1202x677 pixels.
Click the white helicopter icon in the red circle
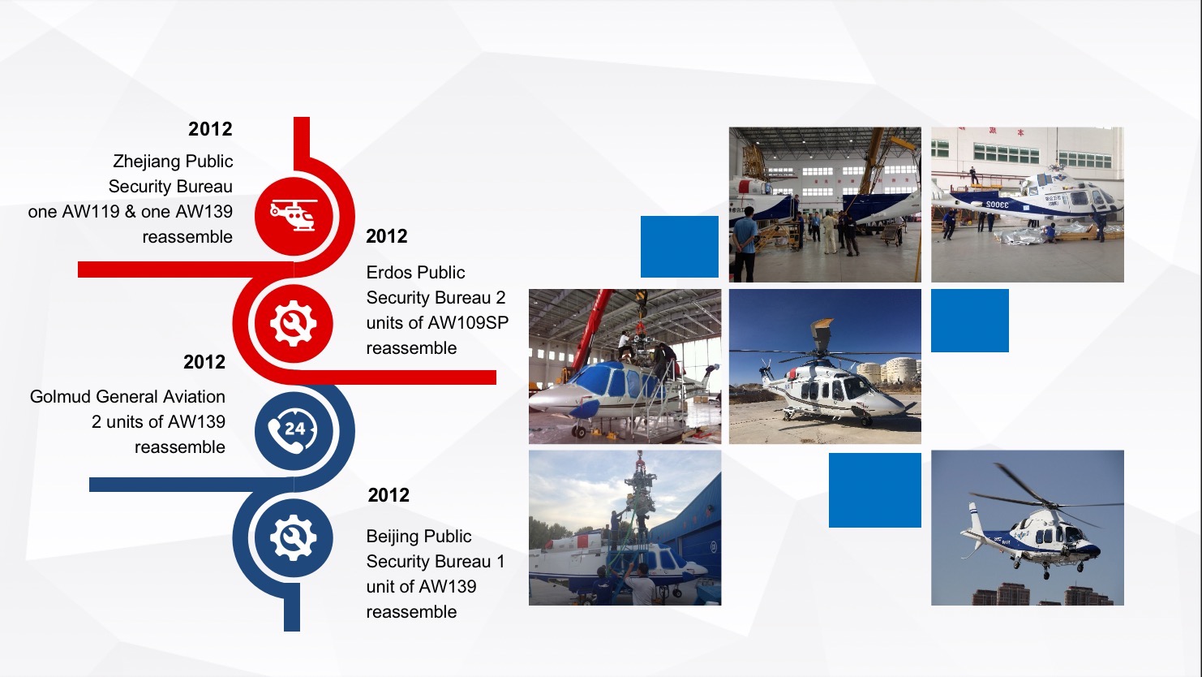(x=294, y=215)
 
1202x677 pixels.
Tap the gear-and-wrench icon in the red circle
(x=294, y=323)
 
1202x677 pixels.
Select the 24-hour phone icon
(x=294, y=430)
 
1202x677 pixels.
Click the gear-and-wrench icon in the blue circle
(x=294, y=537)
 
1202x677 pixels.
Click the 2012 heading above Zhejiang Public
(x=210, y=129)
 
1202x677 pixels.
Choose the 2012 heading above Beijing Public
(x=389, y=495)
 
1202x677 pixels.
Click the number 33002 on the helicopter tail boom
(x=997, y=205)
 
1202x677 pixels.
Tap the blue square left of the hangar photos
(x=680, y=247)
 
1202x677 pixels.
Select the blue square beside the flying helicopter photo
(x=874, y=490)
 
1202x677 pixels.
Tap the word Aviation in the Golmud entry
(x=194, y=397)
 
